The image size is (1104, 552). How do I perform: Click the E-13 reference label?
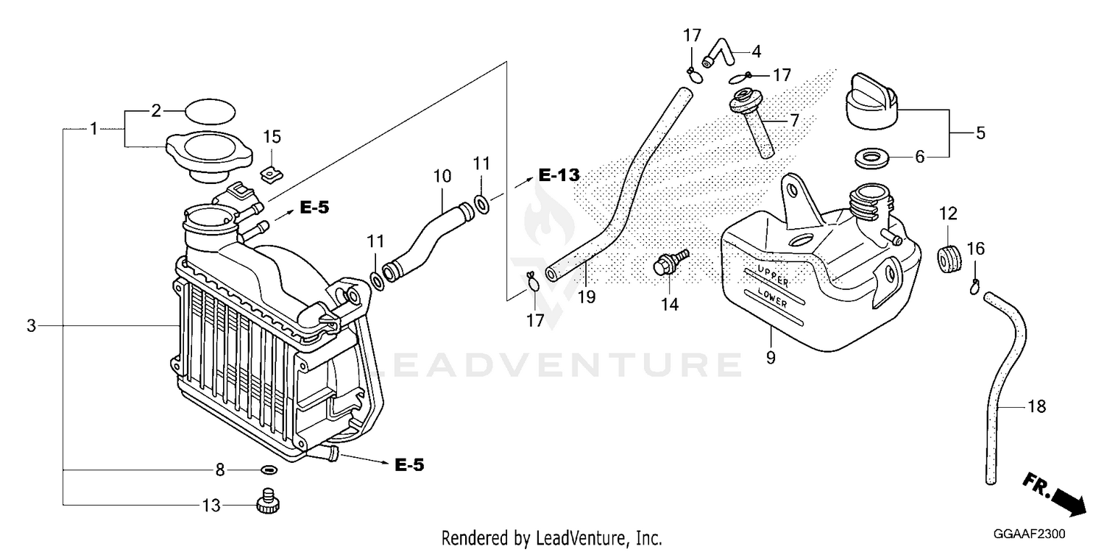coord(559,174)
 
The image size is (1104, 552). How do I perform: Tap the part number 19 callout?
coord(587,297)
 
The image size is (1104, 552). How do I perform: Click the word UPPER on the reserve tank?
coord(774,275)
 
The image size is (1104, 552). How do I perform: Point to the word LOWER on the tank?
coord(772,297)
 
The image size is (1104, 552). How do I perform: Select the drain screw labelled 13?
coord(268,501)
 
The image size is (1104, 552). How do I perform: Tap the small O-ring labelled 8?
coord(269,470)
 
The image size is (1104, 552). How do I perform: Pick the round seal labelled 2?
coord(210,111)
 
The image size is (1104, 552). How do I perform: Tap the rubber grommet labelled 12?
coord(949,259)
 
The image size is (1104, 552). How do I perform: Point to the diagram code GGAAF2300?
coord(1029,534)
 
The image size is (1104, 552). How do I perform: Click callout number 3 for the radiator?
coord(31,325)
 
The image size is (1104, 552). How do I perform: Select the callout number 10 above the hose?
coord(442,176)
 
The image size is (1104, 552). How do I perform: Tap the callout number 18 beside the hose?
coord(1036,406)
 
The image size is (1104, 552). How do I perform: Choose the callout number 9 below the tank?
coord(771,358)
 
